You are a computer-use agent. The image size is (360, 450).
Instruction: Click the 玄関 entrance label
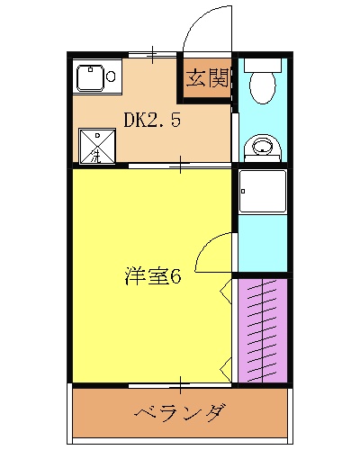point(206,78)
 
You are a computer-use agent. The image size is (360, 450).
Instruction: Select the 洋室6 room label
point(153,276)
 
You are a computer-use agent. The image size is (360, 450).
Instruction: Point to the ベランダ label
point(181,414)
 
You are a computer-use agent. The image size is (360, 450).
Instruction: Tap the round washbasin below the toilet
point(262,147)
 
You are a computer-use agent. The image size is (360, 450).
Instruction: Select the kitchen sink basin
point(90,79)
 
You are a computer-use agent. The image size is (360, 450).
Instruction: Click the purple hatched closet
point(261,329)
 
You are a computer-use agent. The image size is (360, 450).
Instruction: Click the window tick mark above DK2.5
point(152,55)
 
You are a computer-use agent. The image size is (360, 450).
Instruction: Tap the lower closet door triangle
point(226,368)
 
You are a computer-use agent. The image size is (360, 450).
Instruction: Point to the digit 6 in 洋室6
point(176,276)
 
